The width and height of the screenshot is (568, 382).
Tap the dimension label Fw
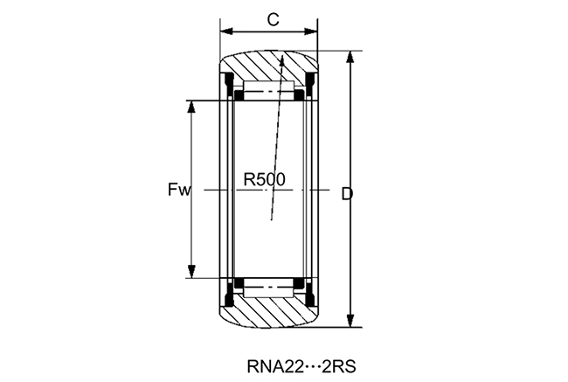pyautogui.click(x=179, y=189)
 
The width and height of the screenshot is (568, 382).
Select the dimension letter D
pyautogui.click(x=346, y=192)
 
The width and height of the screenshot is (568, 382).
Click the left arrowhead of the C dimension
pyautogui.click(x=225, y=31)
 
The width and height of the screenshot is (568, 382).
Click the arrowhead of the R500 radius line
pyautogui.click(x=282, y=60)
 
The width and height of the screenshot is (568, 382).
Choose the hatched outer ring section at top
pyautogui.click(x=267, y=67)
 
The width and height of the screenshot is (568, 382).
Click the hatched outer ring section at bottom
pyautogui.click(x=267, y=310)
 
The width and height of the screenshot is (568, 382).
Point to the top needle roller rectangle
pyautogui.click(x=267, y=92)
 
